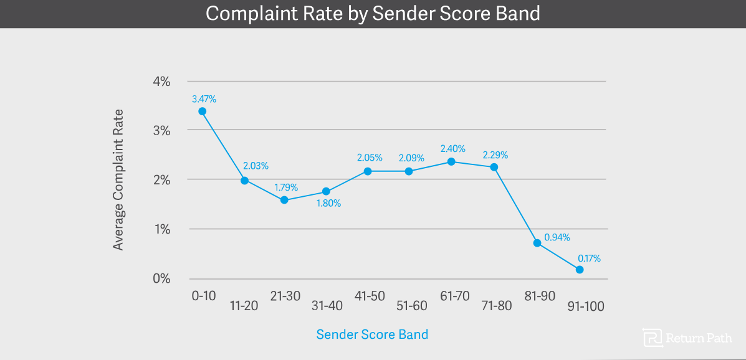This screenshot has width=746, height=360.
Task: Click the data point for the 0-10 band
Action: pos(202,111)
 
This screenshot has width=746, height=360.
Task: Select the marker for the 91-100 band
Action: pos(580,270)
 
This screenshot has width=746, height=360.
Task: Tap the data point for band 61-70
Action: pos(452,162)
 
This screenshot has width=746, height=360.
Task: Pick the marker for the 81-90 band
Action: pos(537,243)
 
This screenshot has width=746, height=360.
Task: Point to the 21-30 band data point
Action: pos(284,200)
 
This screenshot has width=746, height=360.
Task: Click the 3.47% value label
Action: pos(204,98)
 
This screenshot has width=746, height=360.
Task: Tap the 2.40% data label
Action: pos(453,149)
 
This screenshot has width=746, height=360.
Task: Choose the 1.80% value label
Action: pos(328,203)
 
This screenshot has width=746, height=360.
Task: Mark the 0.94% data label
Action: pos(557,237)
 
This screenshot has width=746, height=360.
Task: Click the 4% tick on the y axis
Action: pos(161,82)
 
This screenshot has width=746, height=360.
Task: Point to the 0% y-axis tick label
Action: pos(161,278)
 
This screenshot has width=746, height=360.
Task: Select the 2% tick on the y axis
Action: pos(161,180)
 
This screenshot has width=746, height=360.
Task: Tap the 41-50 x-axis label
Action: pos(370,296)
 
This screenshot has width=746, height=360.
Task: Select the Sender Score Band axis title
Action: pos(372,334)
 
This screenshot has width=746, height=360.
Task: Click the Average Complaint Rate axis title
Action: pos(118,179)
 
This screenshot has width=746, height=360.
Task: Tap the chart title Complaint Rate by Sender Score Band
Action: pos(373,14)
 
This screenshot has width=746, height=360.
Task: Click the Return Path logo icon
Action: pos(653,337)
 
